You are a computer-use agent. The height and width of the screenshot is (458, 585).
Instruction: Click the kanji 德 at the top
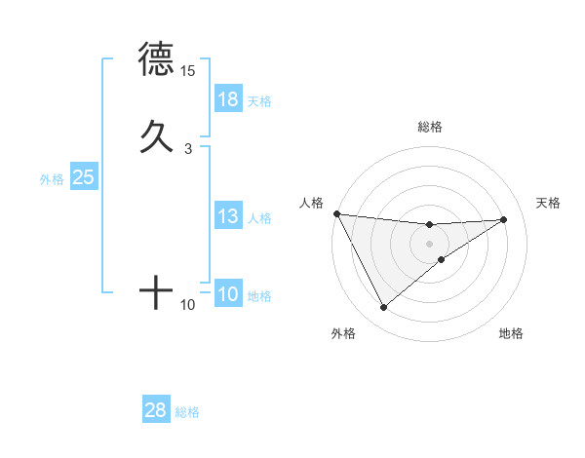tap(156, 60)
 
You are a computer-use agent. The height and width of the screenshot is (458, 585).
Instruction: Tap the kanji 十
tap(156, 291)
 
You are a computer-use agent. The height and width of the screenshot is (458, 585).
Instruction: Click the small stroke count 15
tap(188, 72)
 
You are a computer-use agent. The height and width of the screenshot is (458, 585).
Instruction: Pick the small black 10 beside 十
tap(188, 306)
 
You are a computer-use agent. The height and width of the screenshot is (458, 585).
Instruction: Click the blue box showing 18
tap(228, 99)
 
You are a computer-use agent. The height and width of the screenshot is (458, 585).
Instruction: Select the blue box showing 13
tap(228, 216)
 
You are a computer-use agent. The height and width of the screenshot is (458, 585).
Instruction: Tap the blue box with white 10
tap(228, 294)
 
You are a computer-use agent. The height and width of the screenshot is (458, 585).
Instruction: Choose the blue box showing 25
tap(84, 177)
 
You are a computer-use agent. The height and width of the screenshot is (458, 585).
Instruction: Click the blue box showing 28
tap(156, 410)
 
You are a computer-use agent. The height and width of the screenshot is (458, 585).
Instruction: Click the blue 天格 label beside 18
tap(259, 100)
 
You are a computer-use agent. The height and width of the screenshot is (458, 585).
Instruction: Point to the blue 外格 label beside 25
tap(52, 178)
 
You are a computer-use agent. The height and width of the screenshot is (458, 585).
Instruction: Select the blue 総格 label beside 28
tap(187, 412)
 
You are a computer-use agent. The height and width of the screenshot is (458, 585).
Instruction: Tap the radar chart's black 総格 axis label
tap(430, 127)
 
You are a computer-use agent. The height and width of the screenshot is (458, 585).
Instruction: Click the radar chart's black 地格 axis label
tap(511, 333)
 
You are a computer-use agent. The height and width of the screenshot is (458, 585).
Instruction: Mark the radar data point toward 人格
tap(336, 213)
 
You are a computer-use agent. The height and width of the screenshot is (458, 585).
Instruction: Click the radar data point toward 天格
tap(504, 219)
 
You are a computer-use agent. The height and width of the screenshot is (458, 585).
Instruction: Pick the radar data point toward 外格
tap(383, 308)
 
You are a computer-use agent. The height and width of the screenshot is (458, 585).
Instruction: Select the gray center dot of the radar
tap(430, 244)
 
